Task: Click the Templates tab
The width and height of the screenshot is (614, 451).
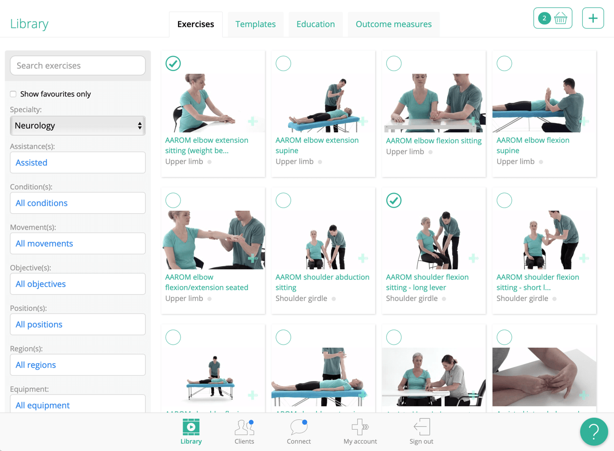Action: [255, 24]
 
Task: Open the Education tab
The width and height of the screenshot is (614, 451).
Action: [316, 24]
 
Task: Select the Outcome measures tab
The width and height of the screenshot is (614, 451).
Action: [393, 24]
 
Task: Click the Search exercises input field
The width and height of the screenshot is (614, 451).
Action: [78, 66]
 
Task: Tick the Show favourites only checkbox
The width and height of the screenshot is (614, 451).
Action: [13, 94]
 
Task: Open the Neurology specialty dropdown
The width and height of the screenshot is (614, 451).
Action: [78, 126]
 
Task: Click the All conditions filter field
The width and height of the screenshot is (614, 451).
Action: [78, 203]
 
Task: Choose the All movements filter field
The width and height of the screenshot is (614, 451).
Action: [78, 243]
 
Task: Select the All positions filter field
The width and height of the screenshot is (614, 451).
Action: [78, 324]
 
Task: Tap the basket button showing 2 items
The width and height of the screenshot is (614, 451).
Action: [553, 19]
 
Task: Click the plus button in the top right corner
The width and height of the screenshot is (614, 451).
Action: [593, 19]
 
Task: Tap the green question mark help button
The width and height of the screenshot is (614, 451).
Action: [594, 431]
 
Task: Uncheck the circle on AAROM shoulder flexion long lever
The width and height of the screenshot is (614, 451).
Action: [394, 200]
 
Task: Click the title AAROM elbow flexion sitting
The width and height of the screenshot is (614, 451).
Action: [434, 141]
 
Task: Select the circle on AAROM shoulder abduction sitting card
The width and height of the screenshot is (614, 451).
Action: [283, 200]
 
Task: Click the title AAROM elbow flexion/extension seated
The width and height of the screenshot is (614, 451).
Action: [207, 282]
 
